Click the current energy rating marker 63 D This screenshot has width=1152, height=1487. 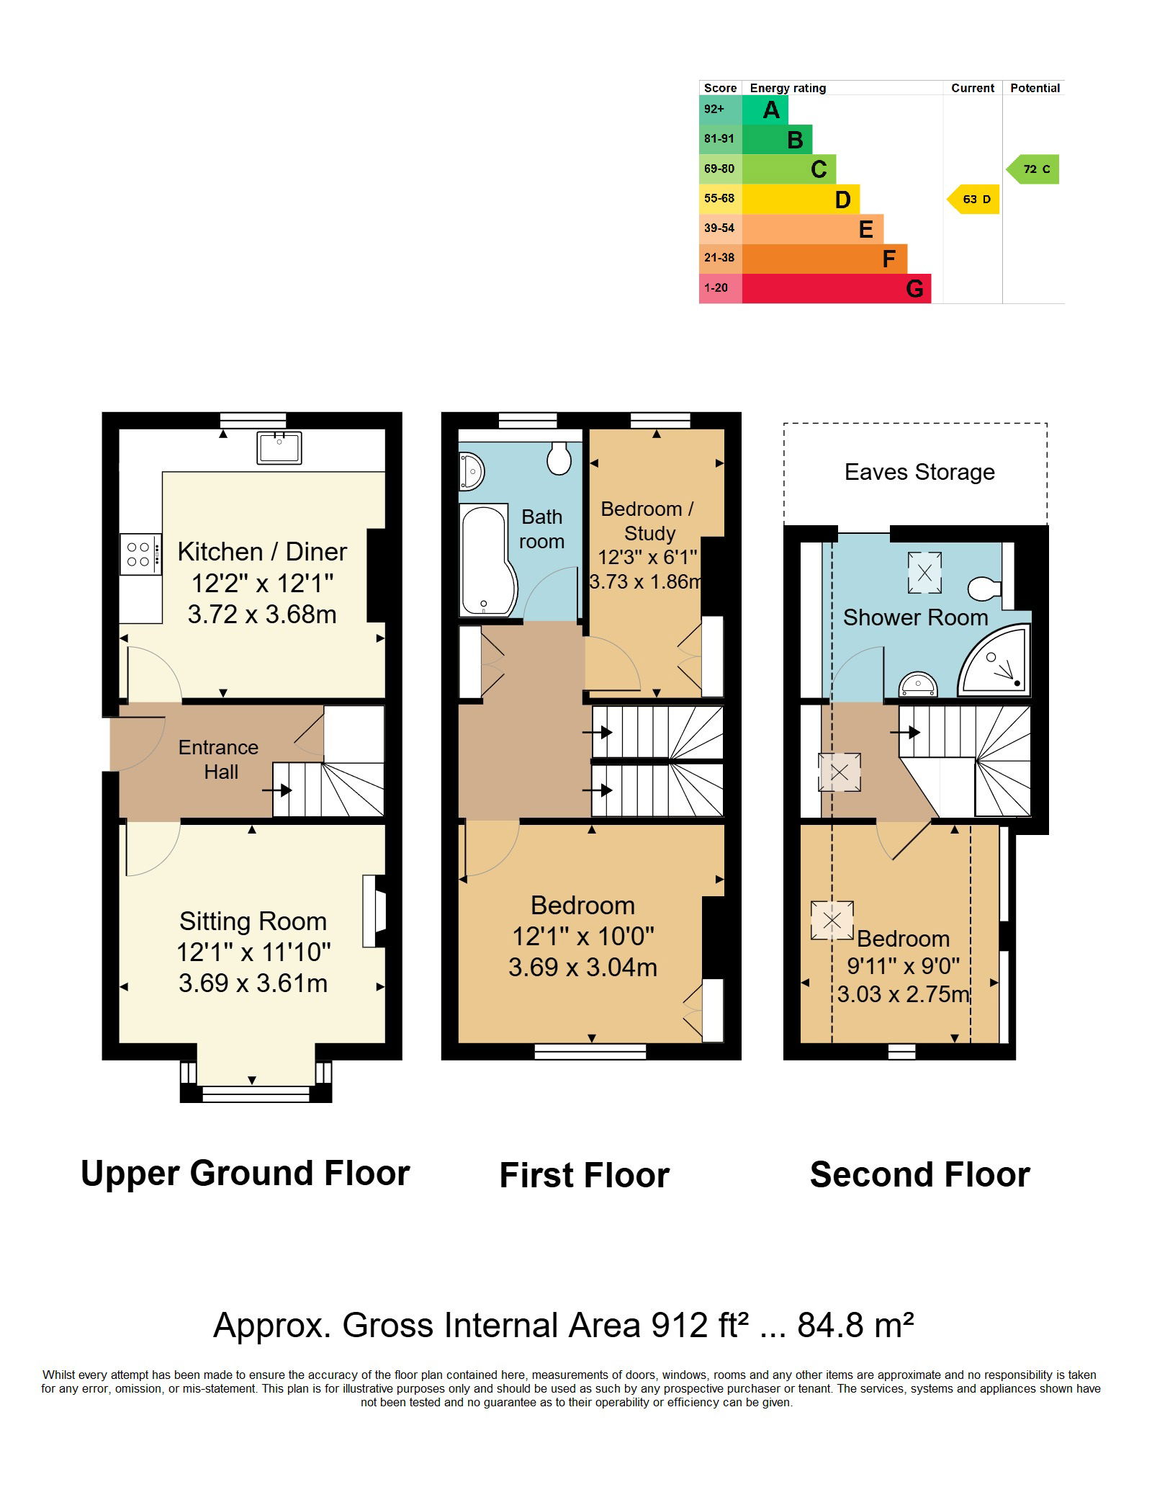tap(973, 200)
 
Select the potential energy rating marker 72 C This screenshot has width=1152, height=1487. tap(1032, 169)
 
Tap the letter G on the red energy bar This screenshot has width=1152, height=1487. tap(914, 289)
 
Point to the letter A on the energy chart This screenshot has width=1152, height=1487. tap(771, 110)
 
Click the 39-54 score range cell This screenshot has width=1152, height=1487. tap(720, 228)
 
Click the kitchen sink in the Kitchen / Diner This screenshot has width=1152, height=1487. tap(279, 447)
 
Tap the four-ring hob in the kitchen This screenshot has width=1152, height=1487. tap(140, 554)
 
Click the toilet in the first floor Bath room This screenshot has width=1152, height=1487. tap(559, 457)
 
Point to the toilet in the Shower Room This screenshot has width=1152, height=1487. tap(984, 589)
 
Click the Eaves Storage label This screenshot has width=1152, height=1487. tap(919, 472)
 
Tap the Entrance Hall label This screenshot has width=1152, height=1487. tap(219, 759)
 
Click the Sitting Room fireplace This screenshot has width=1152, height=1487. tap(374, 911)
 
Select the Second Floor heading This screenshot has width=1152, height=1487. tap(920, 1175)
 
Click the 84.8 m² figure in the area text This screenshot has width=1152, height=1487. tap(855, 1326)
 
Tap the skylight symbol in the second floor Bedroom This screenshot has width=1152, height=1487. tap(832, 920)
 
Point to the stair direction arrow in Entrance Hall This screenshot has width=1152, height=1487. tap(276, 790)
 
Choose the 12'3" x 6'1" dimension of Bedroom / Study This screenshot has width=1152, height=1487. tap(648, 557)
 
